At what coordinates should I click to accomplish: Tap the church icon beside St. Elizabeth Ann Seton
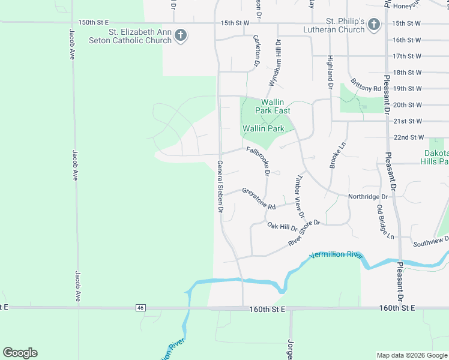[x=180, y=36]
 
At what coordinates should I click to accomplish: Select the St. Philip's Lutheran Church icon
[x=373, y=25]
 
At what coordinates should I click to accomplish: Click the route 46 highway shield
[x=140, y=308]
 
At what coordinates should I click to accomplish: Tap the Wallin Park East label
[x=273, y=107]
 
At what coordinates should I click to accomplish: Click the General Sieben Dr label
[x=220, y=187]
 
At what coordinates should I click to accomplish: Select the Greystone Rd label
[x=259, y=199]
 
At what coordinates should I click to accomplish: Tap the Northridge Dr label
[x=368, y=196]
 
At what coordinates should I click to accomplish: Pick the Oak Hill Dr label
[x=282, y=226]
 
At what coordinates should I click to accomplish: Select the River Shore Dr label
[x=306, y=232]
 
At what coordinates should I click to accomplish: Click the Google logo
[x=20, y=353]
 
